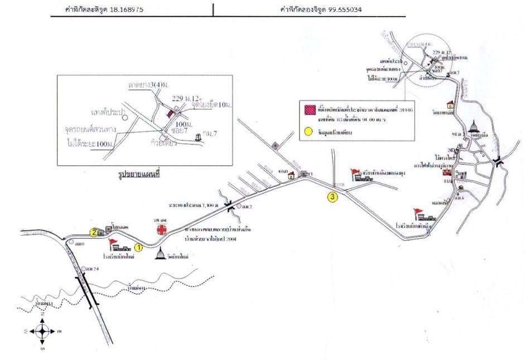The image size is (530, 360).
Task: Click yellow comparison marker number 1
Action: (139, 246)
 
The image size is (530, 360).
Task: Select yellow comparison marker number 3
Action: (333, 196)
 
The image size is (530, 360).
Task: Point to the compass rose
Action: (42, 331)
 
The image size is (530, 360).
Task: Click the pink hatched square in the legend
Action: (308, 109)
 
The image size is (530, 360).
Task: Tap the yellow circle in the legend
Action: (308, 132)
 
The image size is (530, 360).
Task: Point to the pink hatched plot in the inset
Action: (170, 113)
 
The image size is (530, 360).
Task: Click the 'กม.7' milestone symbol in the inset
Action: (199, 137)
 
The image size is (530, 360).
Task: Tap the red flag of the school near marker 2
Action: (113, 242)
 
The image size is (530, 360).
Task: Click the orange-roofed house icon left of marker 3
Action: (291, 175)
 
